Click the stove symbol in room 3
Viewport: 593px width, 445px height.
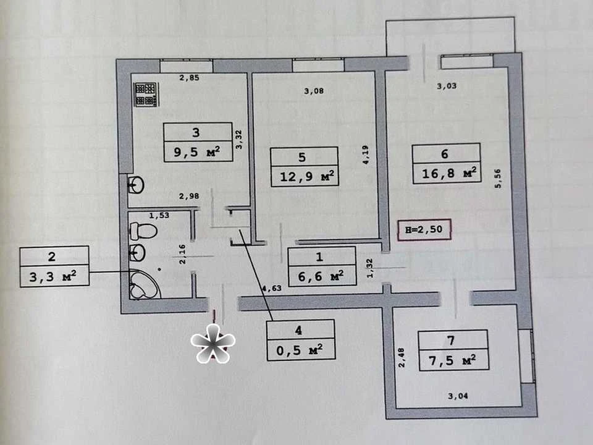[x=146, y=95]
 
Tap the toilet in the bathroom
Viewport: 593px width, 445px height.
[x=143, y=231]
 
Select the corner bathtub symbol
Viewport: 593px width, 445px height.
[x=145, y=284]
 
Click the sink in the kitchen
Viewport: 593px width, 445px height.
[x=136, y=185]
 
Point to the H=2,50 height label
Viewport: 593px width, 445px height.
[x=424, y=229]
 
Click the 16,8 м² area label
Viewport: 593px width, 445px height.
[x=449, y=173]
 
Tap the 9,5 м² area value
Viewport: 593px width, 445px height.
[x=197, y=152]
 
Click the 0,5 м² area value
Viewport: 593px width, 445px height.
[x=300, y=350]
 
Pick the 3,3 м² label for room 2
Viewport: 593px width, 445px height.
[x=53, y=277]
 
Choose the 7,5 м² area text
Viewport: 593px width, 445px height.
[x=453, y=360]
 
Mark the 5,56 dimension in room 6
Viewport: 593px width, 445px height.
[x=498, y=179]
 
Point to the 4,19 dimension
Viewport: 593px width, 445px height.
[x=366, y=155]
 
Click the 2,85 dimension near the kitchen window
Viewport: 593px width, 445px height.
[x=189, y=78]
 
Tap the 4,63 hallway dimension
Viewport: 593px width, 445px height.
[x=272, y=288]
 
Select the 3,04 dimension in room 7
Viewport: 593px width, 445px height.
[x=458, y=396]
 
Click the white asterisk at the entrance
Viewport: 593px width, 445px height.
[x=213, y=343]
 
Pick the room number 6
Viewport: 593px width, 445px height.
[x=445, y=154]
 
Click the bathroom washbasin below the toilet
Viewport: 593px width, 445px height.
[x=137, y=252]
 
